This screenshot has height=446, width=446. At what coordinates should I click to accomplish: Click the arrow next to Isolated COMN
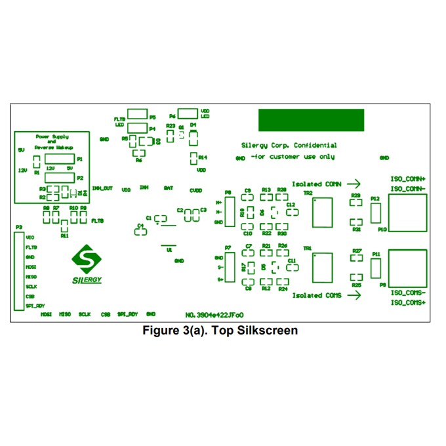(x=354, y=184)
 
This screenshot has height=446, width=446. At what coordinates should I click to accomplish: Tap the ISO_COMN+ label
(x=408, y=179)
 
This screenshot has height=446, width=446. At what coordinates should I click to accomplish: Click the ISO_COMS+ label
(x=408, y=302)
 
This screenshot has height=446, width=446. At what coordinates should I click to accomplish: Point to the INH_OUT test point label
(x=102, y=188)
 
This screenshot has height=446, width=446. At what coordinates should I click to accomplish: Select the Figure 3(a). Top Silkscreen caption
(x=220, y=331)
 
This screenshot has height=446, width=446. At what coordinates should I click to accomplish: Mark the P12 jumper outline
(x=376, y=213)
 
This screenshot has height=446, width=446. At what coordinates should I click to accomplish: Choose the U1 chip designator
(x=169, y=250)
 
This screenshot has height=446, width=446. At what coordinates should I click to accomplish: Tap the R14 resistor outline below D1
(x=193, y=158)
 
